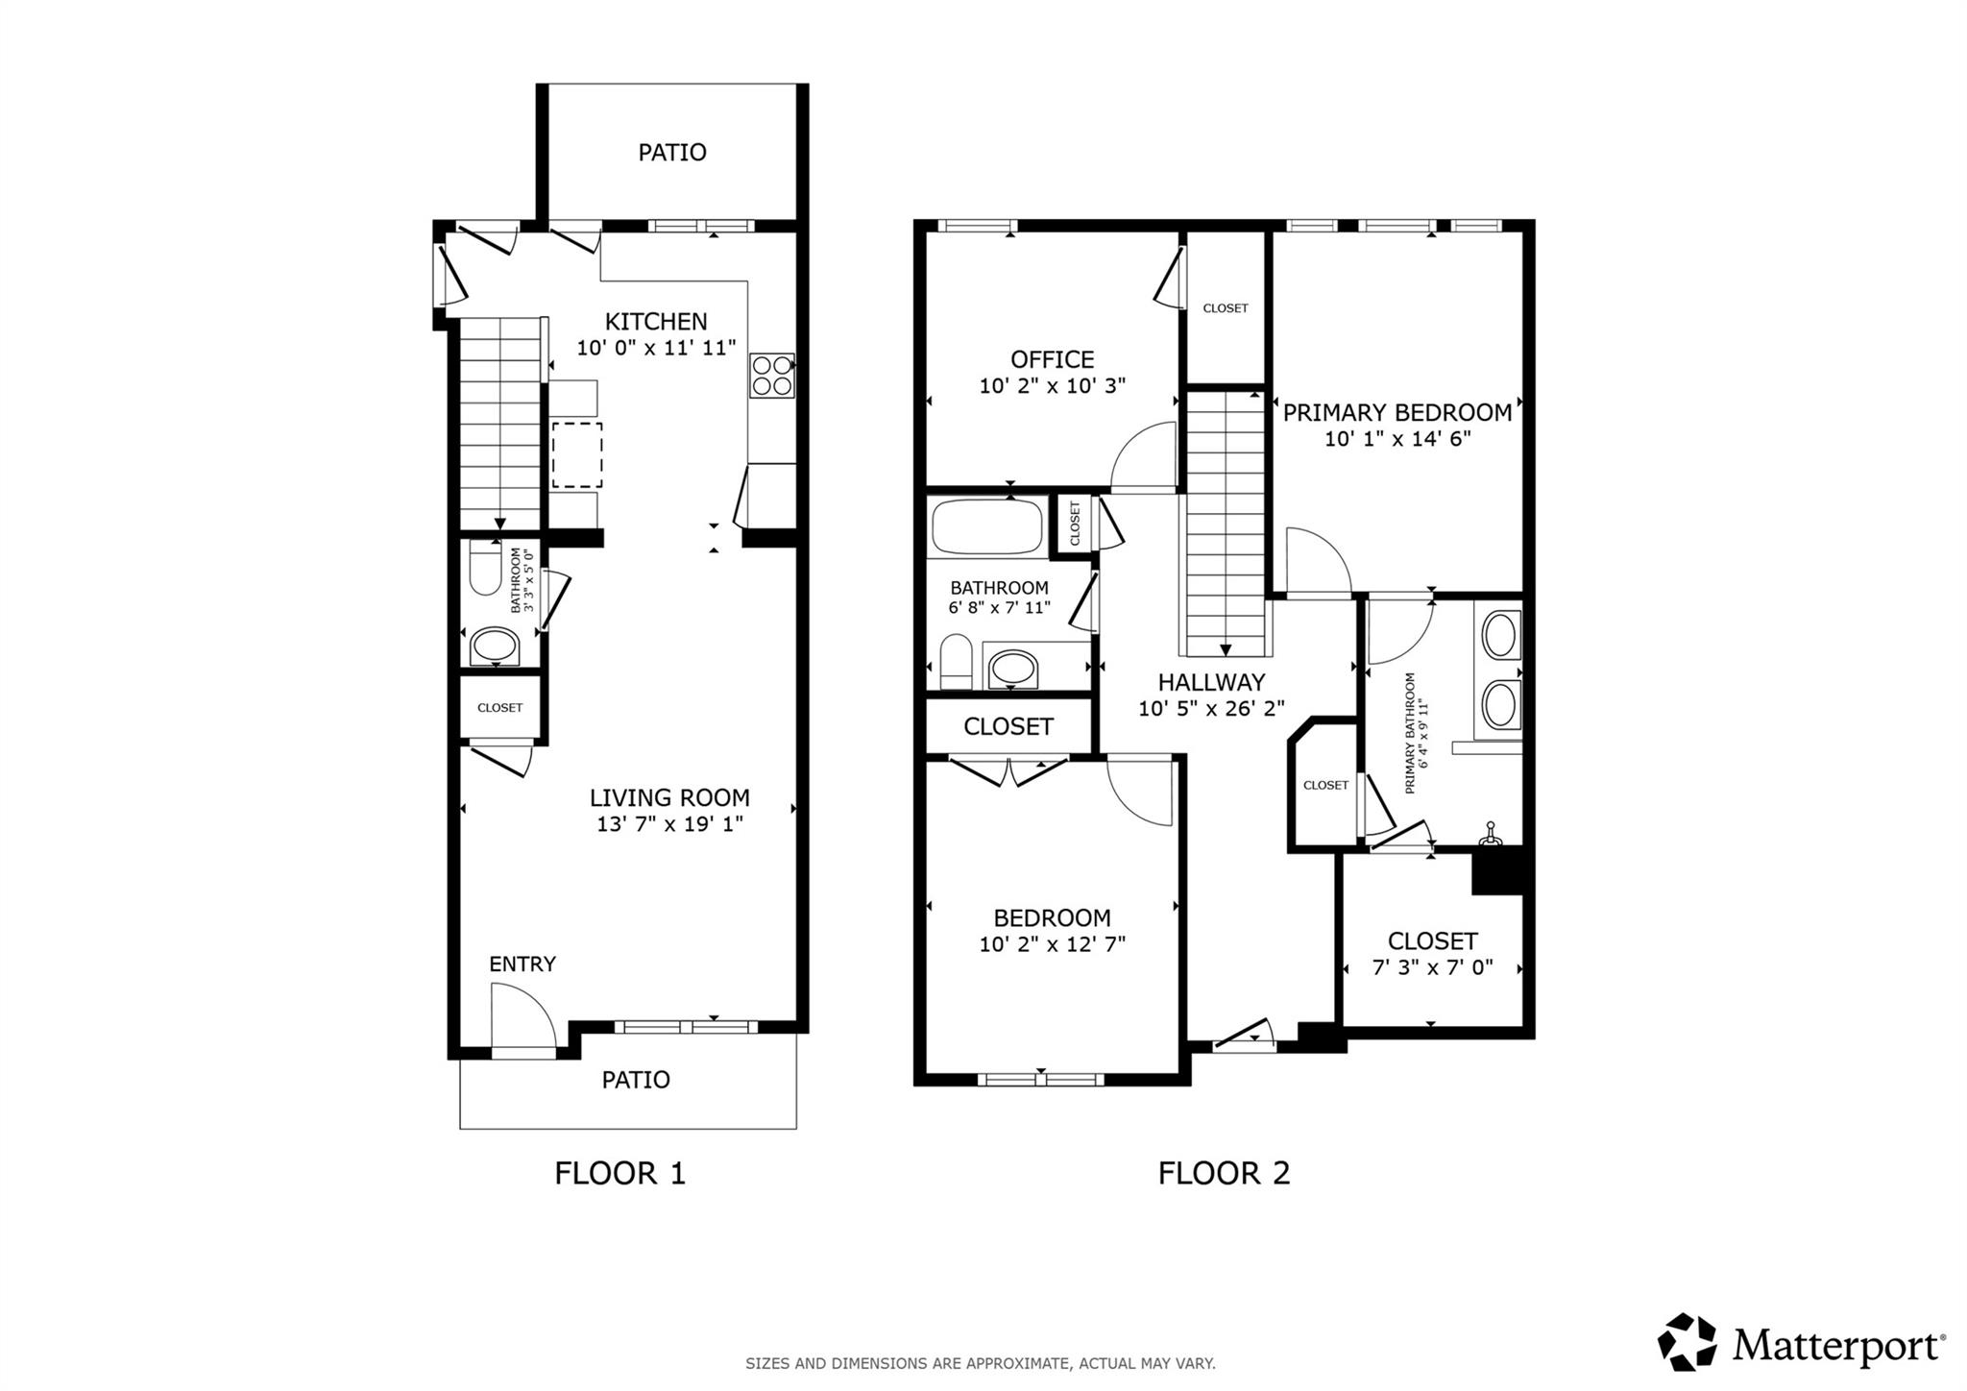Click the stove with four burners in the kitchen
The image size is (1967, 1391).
tap(772, 375)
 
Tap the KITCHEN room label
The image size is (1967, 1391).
tap(656, 321)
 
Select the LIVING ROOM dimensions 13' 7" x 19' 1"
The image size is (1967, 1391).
tap(669, 823)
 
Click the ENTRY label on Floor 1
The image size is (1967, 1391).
tap(522, 964)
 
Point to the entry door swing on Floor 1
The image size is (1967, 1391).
tap(523, 1024)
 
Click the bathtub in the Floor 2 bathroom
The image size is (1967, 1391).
tap(987, 525)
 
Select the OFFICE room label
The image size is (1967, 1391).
tap(1052, 359)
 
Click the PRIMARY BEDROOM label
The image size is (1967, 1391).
tap(1397, 412)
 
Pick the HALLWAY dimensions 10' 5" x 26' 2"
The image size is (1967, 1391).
tap(1211, 709)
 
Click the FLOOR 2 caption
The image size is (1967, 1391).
tap(1224, 1173)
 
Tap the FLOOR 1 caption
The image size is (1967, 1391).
tap(619, 1173)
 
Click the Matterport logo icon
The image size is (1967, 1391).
tap(1688, 1341)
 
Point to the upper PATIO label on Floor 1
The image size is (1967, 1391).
tap(672, 152)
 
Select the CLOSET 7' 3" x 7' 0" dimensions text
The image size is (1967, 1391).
tap(1432, 967)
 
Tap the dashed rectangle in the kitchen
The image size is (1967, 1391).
tap(577, 453)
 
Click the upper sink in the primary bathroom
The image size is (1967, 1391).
tap(1499, 635)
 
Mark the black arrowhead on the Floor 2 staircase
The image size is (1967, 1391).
tap(1225, 650)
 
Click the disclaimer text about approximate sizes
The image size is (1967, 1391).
tap(981, 1362)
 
